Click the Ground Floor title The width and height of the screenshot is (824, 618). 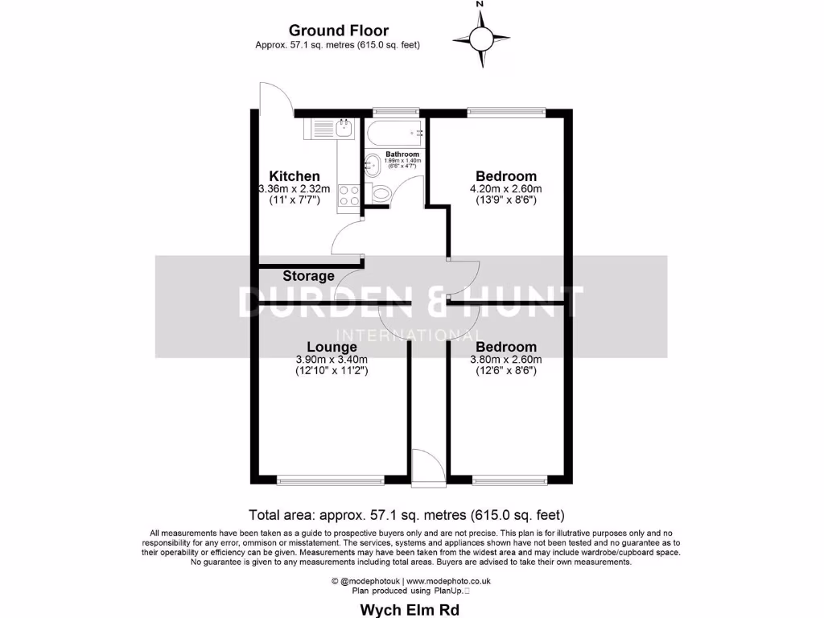tap(338, 31)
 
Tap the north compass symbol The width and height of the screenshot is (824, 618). tap(480, 36)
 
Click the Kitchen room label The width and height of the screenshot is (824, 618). tap(294, 176)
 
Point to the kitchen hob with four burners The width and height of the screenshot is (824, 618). tap(349, 195)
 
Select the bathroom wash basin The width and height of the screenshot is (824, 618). tap(373, 166)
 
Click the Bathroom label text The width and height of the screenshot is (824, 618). tap(402, 154)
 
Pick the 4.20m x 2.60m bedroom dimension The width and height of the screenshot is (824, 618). tap(505, 189)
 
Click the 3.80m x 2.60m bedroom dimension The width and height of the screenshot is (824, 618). tap(505, 360)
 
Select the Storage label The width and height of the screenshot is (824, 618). tap(308, 276)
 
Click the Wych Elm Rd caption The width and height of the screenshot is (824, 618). tap(410, 609)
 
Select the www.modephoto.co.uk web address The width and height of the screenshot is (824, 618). tap(448, 580)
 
